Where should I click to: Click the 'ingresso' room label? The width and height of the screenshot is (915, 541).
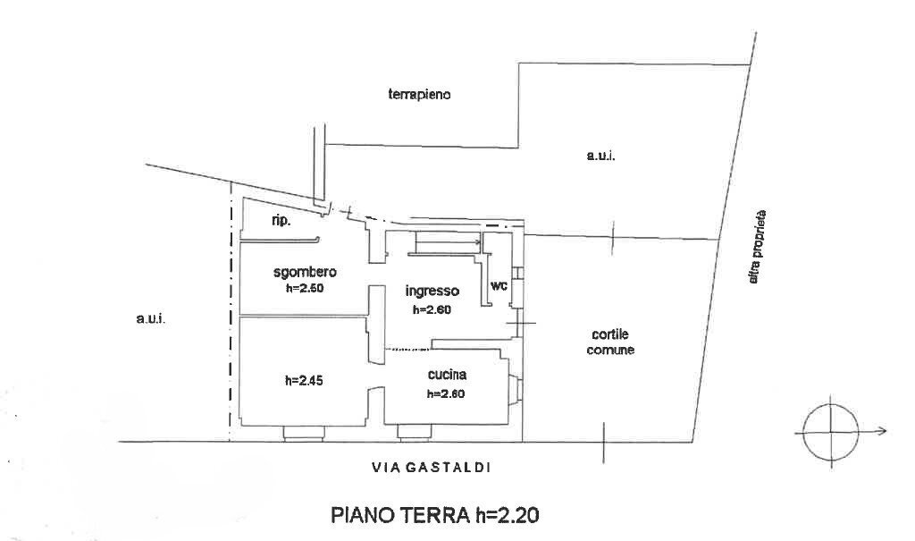point(432,292)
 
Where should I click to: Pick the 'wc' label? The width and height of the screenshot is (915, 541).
point(499,287)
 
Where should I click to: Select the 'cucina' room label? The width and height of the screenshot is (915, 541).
point(448,376)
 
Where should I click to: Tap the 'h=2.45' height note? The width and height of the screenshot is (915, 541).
point(304,380)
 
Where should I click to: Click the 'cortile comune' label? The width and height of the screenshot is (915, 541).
point(610,343)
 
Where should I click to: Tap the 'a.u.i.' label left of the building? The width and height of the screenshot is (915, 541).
point(150,319)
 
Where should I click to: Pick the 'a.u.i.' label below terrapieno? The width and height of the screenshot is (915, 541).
point(601,156)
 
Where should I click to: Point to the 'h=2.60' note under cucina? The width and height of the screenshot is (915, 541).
point(446,393)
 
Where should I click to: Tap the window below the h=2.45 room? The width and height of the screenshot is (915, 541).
point(304,434)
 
